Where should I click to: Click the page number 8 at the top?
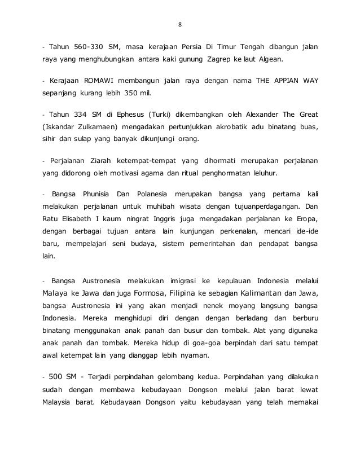pos(179,25)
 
